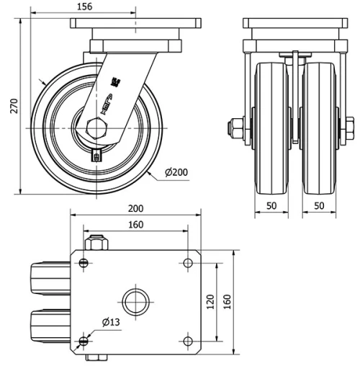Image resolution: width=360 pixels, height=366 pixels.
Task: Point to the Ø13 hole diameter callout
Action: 110,322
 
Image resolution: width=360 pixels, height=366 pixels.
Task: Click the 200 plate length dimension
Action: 135,208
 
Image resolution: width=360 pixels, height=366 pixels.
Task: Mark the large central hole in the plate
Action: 135,300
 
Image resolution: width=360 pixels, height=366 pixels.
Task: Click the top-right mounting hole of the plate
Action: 188,262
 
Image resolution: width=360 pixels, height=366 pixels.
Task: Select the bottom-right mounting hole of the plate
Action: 188,340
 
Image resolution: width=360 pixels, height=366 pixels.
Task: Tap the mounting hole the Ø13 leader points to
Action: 85,340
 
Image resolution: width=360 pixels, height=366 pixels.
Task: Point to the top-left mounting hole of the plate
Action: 85,262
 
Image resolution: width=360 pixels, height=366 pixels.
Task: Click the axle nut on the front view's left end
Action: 235,129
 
